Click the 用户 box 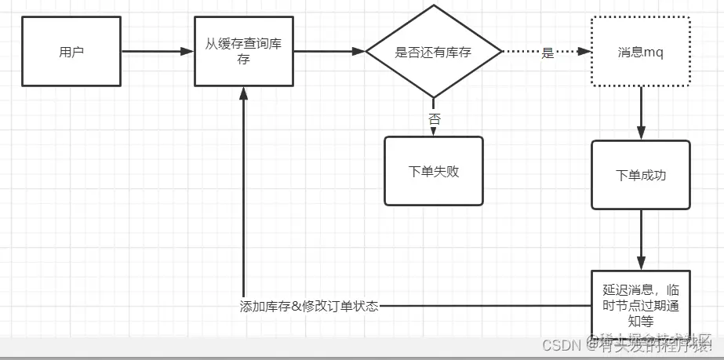(71, 53)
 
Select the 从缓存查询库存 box (243, 53)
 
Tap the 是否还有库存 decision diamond (434, 52)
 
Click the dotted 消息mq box (641, 52)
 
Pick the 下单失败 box (434, 171)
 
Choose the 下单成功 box (641, 175)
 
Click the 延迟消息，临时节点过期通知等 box (641, 304)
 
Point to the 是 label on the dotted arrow (548, 53)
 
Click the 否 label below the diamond (434, 118)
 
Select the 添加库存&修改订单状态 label (309, 307)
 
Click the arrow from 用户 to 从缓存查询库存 (157, 52)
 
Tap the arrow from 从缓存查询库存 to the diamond (329, 52)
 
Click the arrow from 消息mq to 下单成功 (642, 113)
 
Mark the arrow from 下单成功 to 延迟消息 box (642, 239)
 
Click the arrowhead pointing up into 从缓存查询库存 (243, 93)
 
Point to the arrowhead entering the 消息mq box (584, 52)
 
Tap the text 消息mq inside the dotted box (641, 52)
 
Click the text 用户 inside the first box (71, 53)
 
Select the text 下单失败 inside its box (434, 171)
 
